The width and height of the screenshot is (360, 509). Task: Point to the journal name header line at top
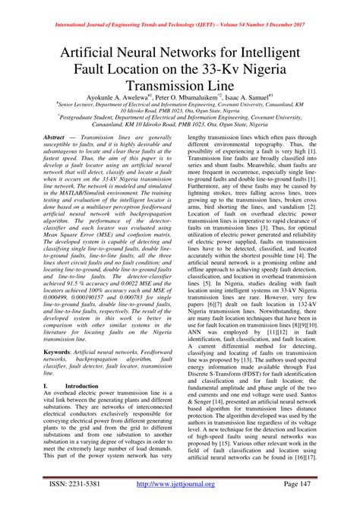tap(179, 8)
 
